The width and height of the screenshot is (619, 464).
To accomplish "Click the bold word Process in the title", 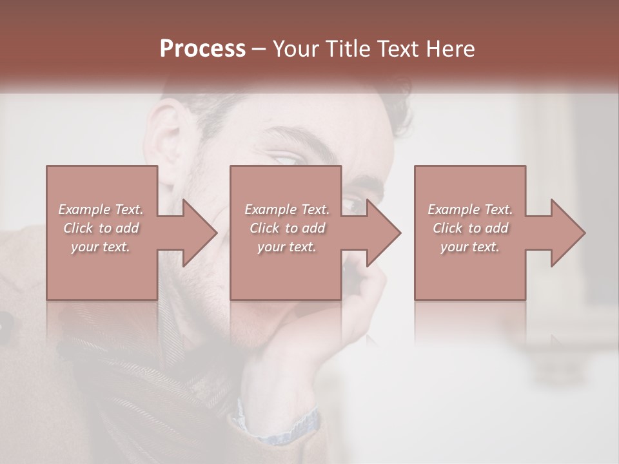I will pyautogui.click(x=202, y=49).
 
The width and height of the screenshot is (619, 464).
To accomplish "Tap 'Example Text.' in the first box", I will pyautogui.click(x=101, y=209).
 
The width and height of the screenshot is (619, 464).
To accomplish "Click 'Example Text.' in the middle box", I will pyautogui.click(x=286, y=209).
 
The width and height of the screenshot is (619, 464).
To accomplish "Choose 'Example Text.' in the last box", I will pyautogui.click(x=470, y=209).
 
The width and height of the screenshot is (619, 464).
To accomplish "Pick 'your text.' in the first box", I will pyautogui.click(x=101, y=247).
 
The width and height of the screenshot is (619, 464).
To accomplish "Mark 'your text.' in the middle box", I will pyautogui.click(x=286, y=247).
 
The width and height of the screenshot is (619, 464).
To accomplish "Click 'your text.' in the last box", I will pyautogui.click(x=470, y=247).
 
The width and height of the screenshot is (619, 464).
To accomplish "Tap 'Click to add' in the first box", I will pyautogui.click(x=101, y=228).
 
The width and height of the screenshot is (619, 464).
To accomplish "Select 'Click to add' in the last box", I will pyautogui.click(x=470, y=228).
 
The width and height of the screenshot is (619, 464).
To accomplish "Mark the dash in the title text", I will pyautogui.click(x=259, y=49).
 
